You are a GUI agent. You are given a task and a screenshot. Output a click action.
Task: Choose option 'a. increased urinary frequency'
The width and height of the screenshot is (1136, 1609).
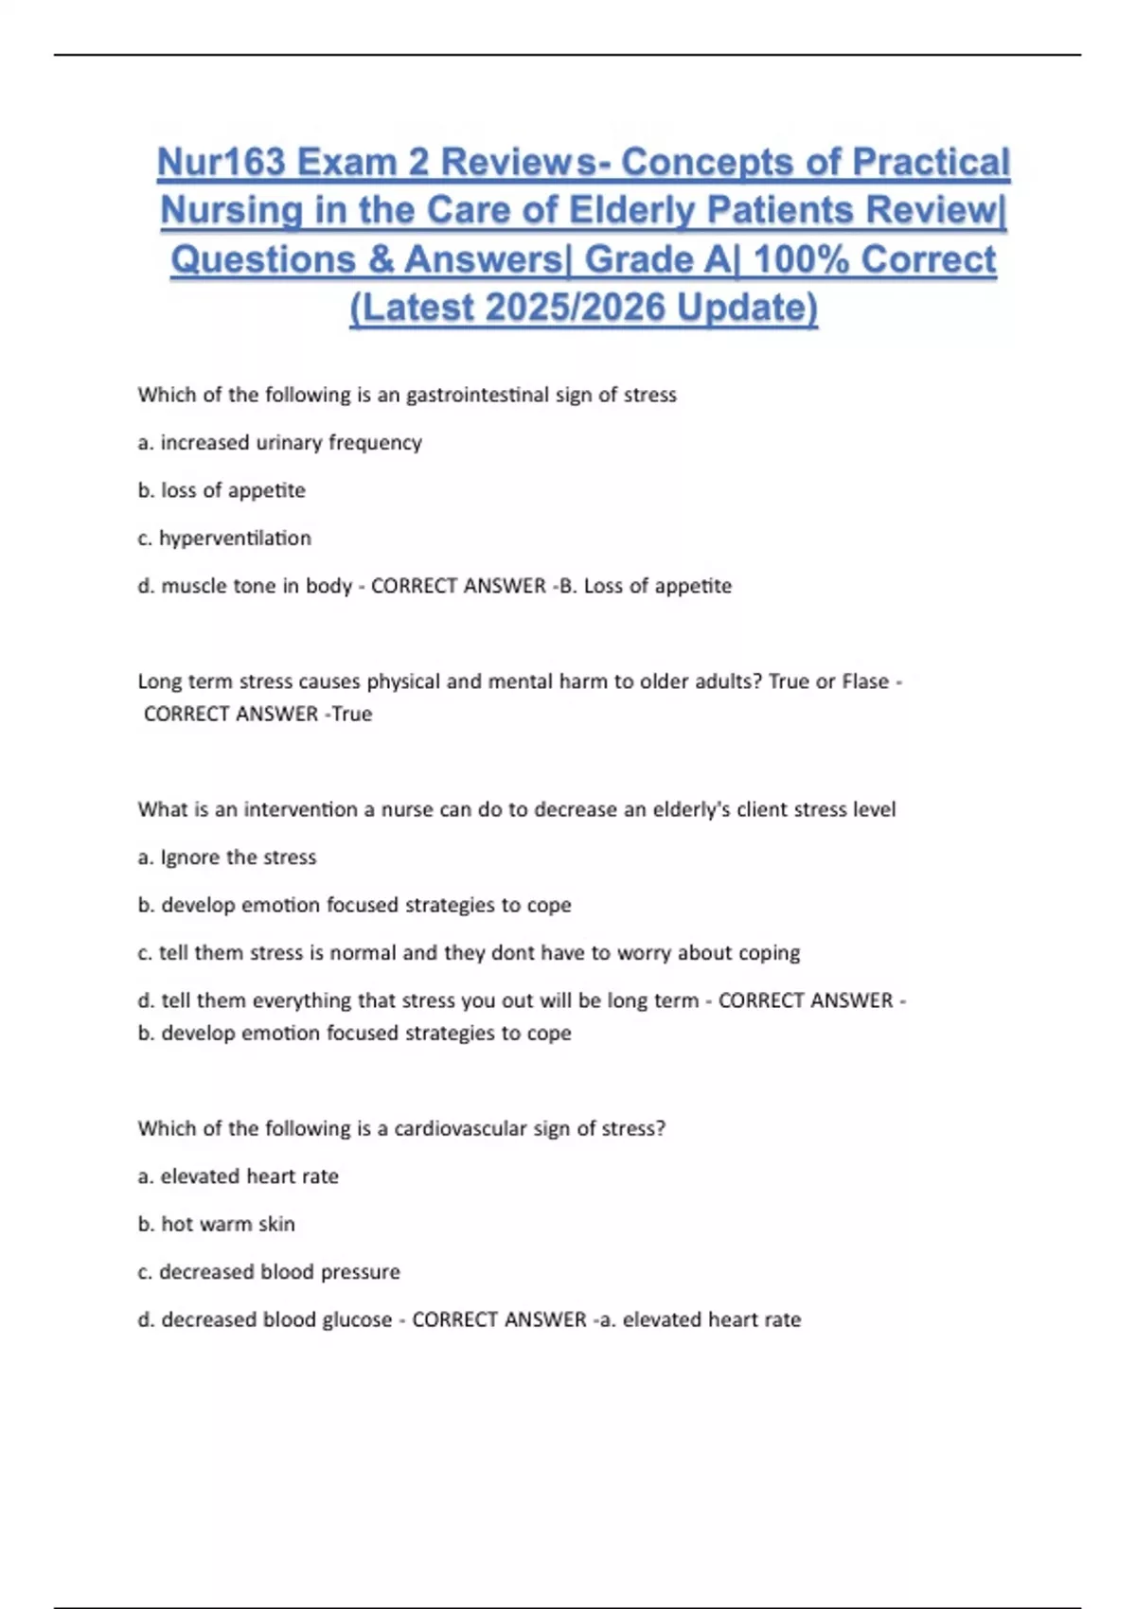pos(280,443)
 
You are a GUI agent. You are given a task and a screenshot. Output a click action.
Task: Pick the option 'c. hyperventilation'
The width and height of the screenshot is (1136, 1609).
pos(224,539)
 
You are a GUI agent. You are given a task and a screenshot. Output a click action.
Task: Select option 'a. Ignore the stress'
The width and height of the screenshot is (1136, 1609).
pos(227,858)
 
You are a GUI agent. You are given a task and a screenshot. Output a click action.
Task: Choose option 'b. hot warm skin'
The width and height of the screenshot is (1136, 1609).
pos(217,1224)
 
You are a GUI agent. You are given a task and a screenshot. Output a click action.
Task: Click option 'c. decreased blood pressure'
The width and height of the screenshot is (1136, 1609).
pos(269,1272)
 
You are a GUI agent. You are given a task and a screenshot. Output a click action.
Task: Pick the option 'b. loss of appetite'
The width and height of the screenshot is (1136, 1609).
pos(222,490)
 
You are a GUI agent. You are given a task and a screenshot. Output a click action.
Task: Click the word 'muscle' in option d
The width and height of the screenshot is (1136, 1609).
pos(192,586)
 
